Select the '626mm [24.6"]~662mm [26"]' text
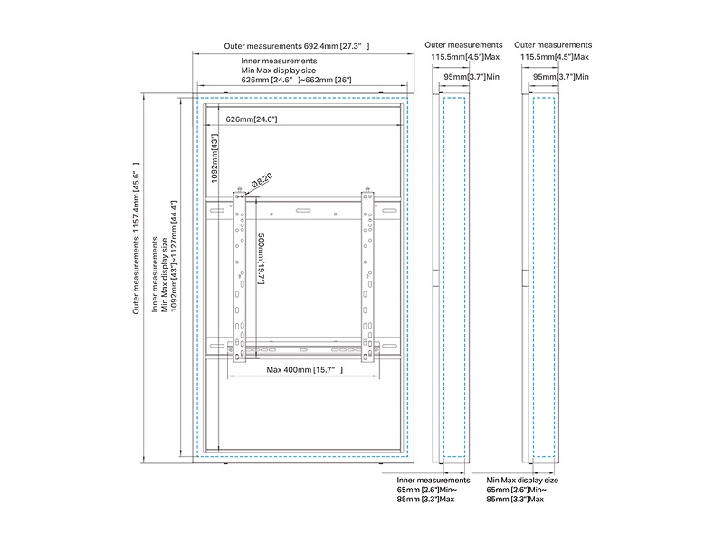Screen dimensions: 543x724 pyautogui.click(x=297, y=80)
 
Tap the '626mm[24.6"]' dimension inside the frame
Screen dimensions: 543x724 pyautogui.click(x=251, y=119)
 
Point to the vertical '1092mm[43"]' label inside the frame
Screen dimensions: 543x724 pyautogui.click(x=215, y=159)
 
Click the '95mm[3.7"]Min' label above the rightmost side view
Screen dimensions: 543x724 pyautogui.click(x=564, y=78)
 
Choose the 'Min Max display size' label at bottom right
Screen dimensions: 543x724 pyautogui.click(x=522, y=480)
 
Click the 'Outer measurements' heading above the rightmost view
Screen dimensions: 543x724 pyautogui.click(x=553, y=44)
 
